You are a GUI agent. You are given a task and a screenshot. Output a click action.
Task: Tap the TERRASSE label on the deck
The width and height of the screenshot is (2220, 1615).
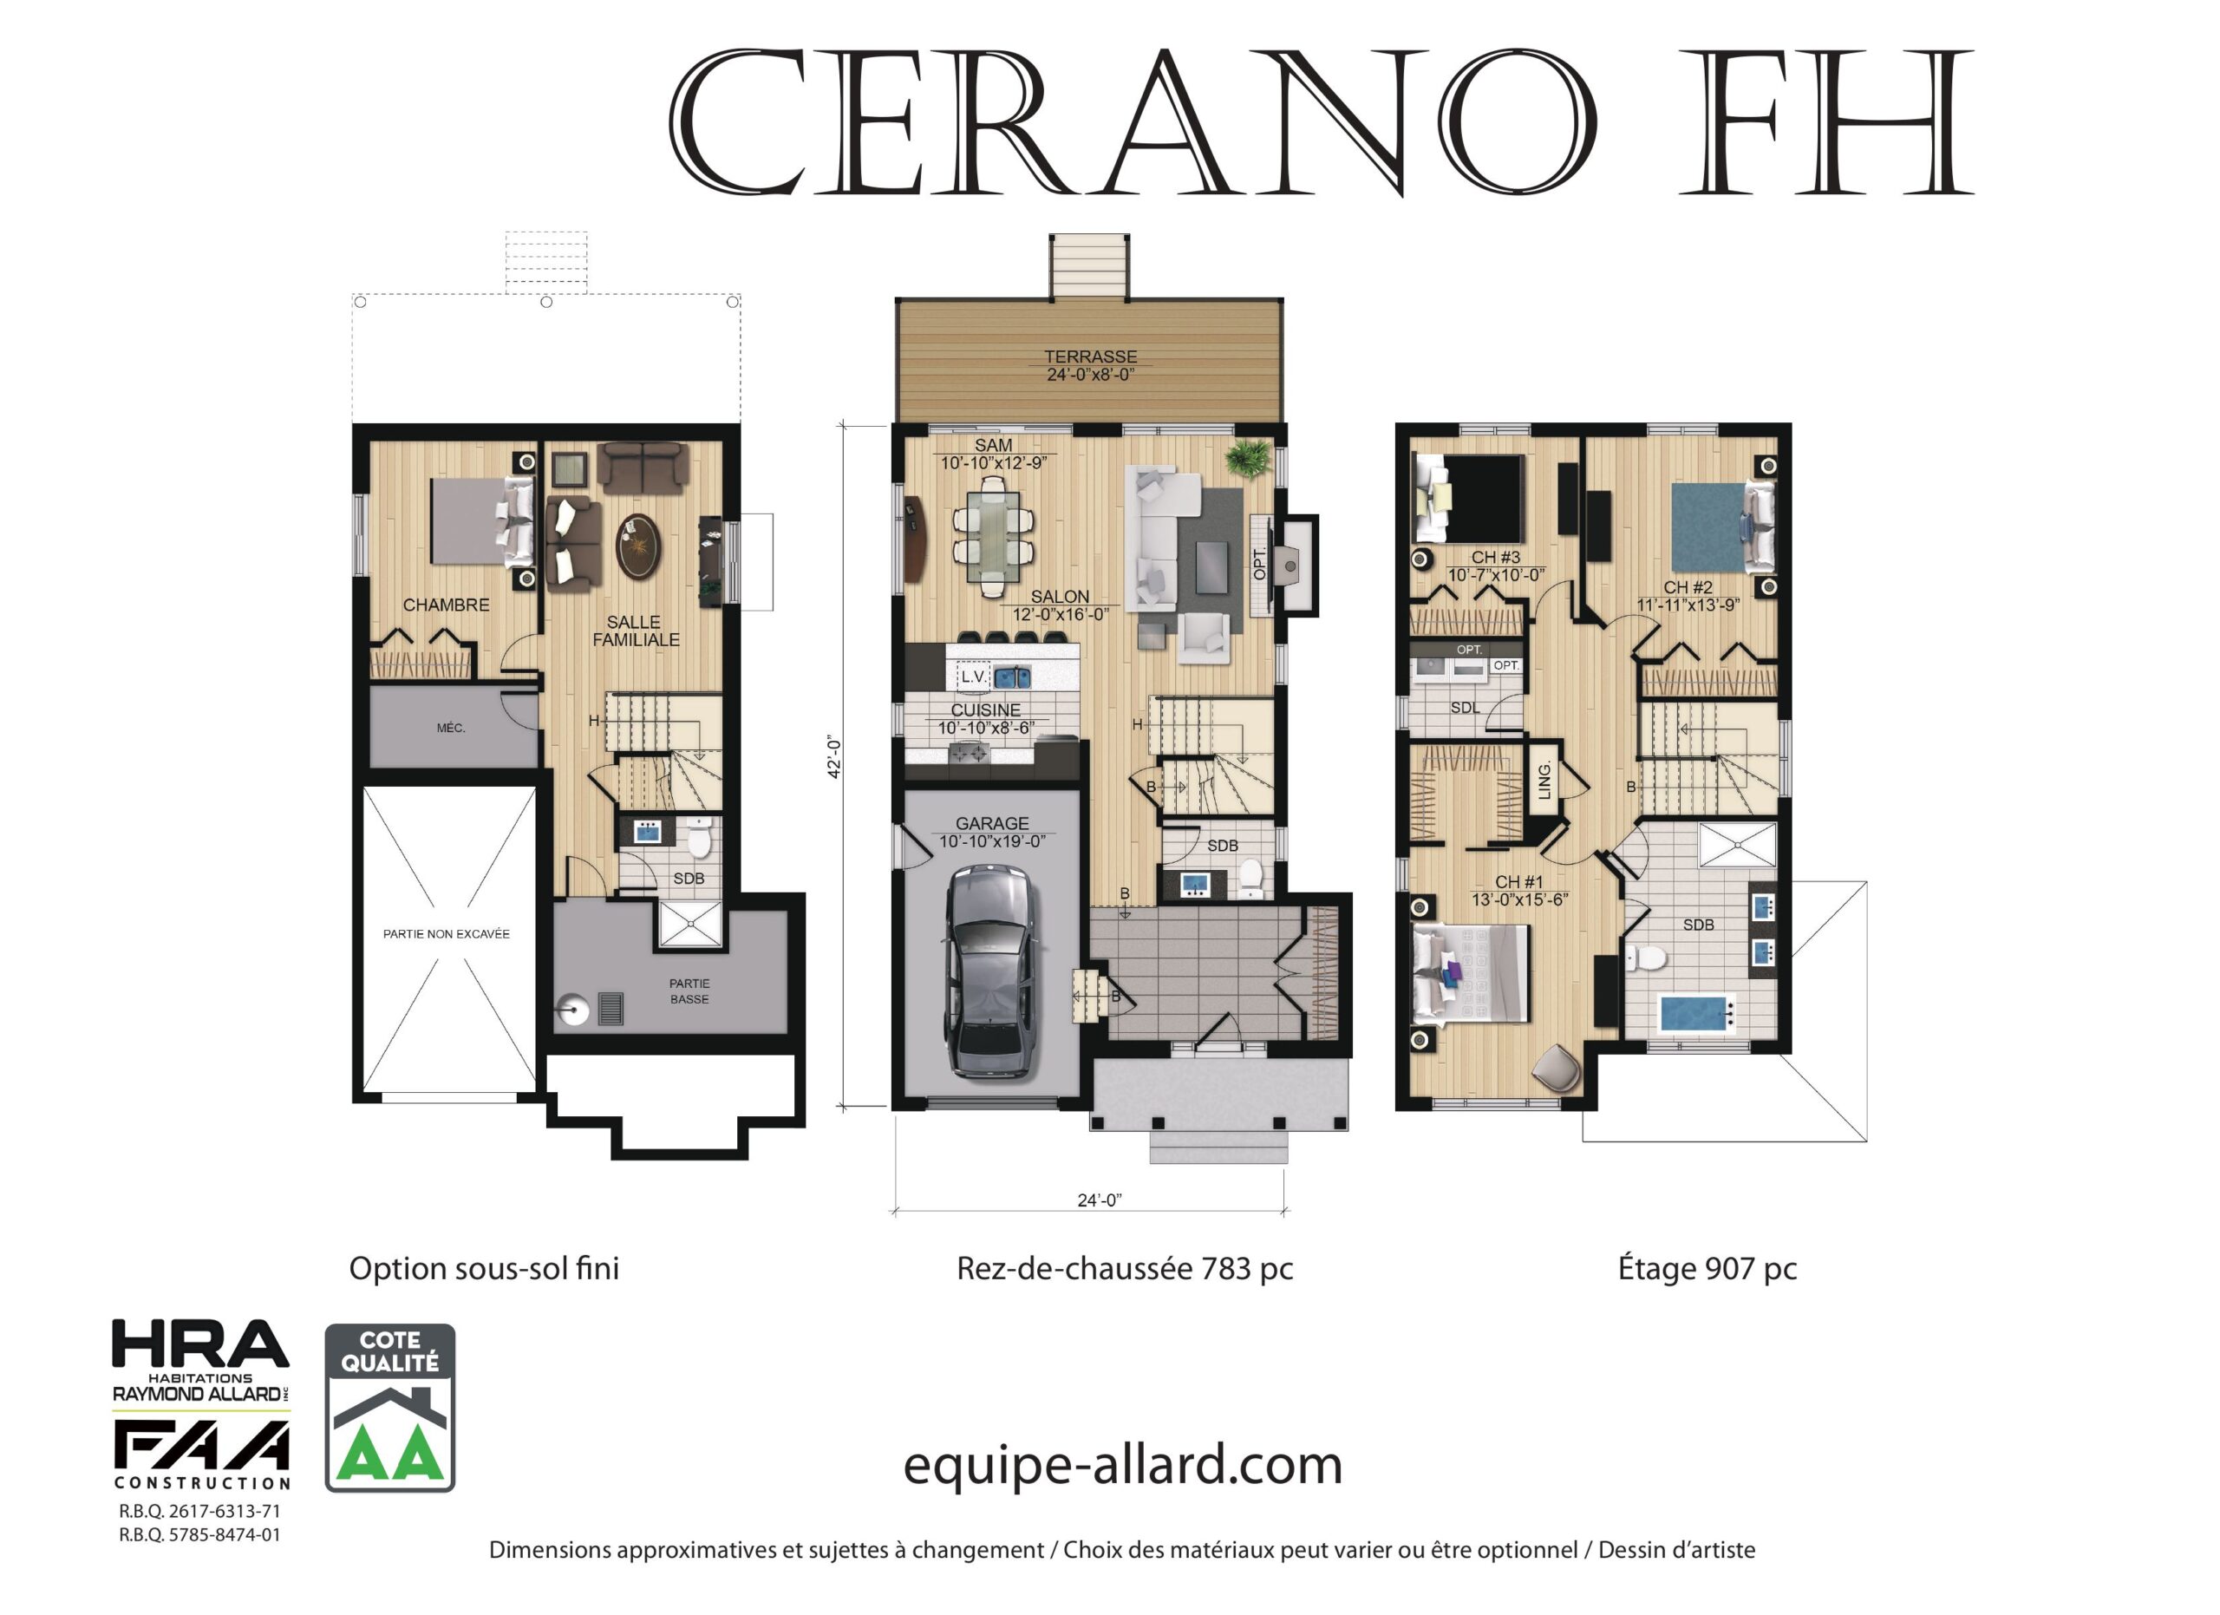(1090, 357)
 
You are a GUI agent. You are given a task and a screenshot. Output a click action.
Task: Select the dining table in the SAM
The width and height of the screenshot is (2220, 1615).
(994, 536)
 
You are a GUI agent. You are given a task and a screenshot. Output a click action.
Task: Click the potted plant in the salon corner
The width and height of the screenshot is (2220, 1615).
(1249, 457)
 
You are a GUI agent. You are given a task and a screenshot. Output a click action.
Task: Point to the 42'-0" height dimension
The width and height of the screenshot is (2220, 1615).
(835, 756)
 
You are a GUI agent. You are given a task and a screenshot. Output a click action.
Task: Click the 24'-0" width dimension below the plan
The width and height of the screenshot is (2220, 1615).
(1100, 1200)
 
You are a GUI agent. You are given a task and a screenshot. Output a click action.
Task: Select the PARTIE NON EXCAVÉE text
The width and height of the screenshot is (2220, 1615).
(447, 934)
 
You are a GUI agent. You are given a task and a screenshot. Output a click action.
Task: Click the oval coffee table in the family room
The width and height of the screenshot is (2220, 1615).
(638, 546)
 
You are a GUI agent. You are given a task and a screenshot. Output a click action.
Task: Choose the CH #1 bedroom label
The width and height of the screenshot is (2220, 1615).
(1519, 882)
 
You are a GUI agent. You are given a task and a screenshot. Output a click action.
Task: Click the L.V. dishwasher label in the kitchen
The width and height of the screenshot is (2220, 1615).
(973, 677)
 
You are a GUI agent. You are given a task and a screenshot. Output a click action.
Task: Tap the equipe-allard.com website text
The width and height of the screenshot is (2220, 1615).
(1123, 1465)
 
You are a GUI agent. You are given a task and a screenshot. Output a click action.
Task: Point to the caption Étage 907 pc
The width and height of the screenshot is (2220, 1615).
(1708, 1269)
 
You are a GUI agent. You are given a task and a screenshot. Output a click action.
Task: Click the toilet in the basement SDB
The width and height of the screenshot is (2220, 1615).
(699, 838)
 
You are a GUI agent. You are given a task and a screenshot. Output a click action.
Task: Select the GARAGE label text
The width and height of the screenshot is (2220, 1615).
(993, 824)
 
